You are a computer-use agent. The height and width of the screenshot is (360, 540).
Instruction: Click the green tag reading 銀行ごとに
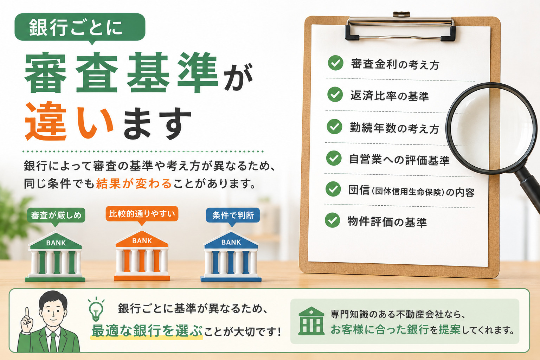80,27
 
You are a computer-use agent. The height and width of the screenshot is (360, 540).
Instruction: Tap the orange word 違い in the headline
69,121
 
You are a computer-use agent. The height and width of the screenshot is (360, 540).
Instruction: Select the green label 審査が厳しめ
56,215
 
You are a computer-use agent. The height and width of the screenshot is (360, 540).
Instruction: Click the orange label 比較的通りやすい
142,214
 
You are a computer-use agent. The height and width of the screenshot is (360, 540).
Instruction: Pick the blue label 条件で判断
233,215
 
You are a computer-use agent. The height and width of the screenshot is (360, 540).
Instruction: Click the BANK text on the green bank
56,243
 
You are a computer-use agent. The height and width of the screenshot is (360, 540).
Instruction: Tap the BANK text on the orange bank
142,241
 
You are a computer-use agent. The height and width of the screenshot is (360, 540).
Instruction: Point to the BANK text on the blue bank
231,242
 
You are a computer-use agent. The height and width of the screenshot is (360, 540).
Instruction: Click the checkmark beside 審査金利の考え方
336,63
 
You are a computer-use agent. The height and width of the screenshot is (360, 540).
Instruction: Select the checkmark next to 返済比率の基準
335,95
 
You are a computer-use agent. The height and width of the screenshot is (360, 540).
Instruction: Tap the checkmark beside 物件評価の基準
333,220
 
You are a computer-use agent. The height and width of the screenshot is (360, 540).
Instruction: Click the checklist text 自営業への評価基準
399,160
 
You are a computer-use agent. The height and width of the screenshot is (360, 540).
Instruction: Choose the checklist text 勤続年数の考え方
394,128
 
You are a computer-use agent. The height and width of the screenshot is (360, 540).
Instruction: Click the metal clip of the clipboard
400,26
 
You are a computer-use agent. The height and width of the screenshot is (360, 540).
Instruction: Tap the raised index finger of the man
27,314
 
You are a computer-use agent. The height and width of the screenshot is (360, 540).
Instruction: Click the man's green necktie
53,342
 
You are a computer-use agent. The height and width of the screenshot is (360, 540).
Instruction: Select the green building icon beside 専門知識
311,321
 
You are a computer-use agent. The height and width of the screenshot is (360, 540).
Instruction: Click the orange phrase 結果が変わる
134,184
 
